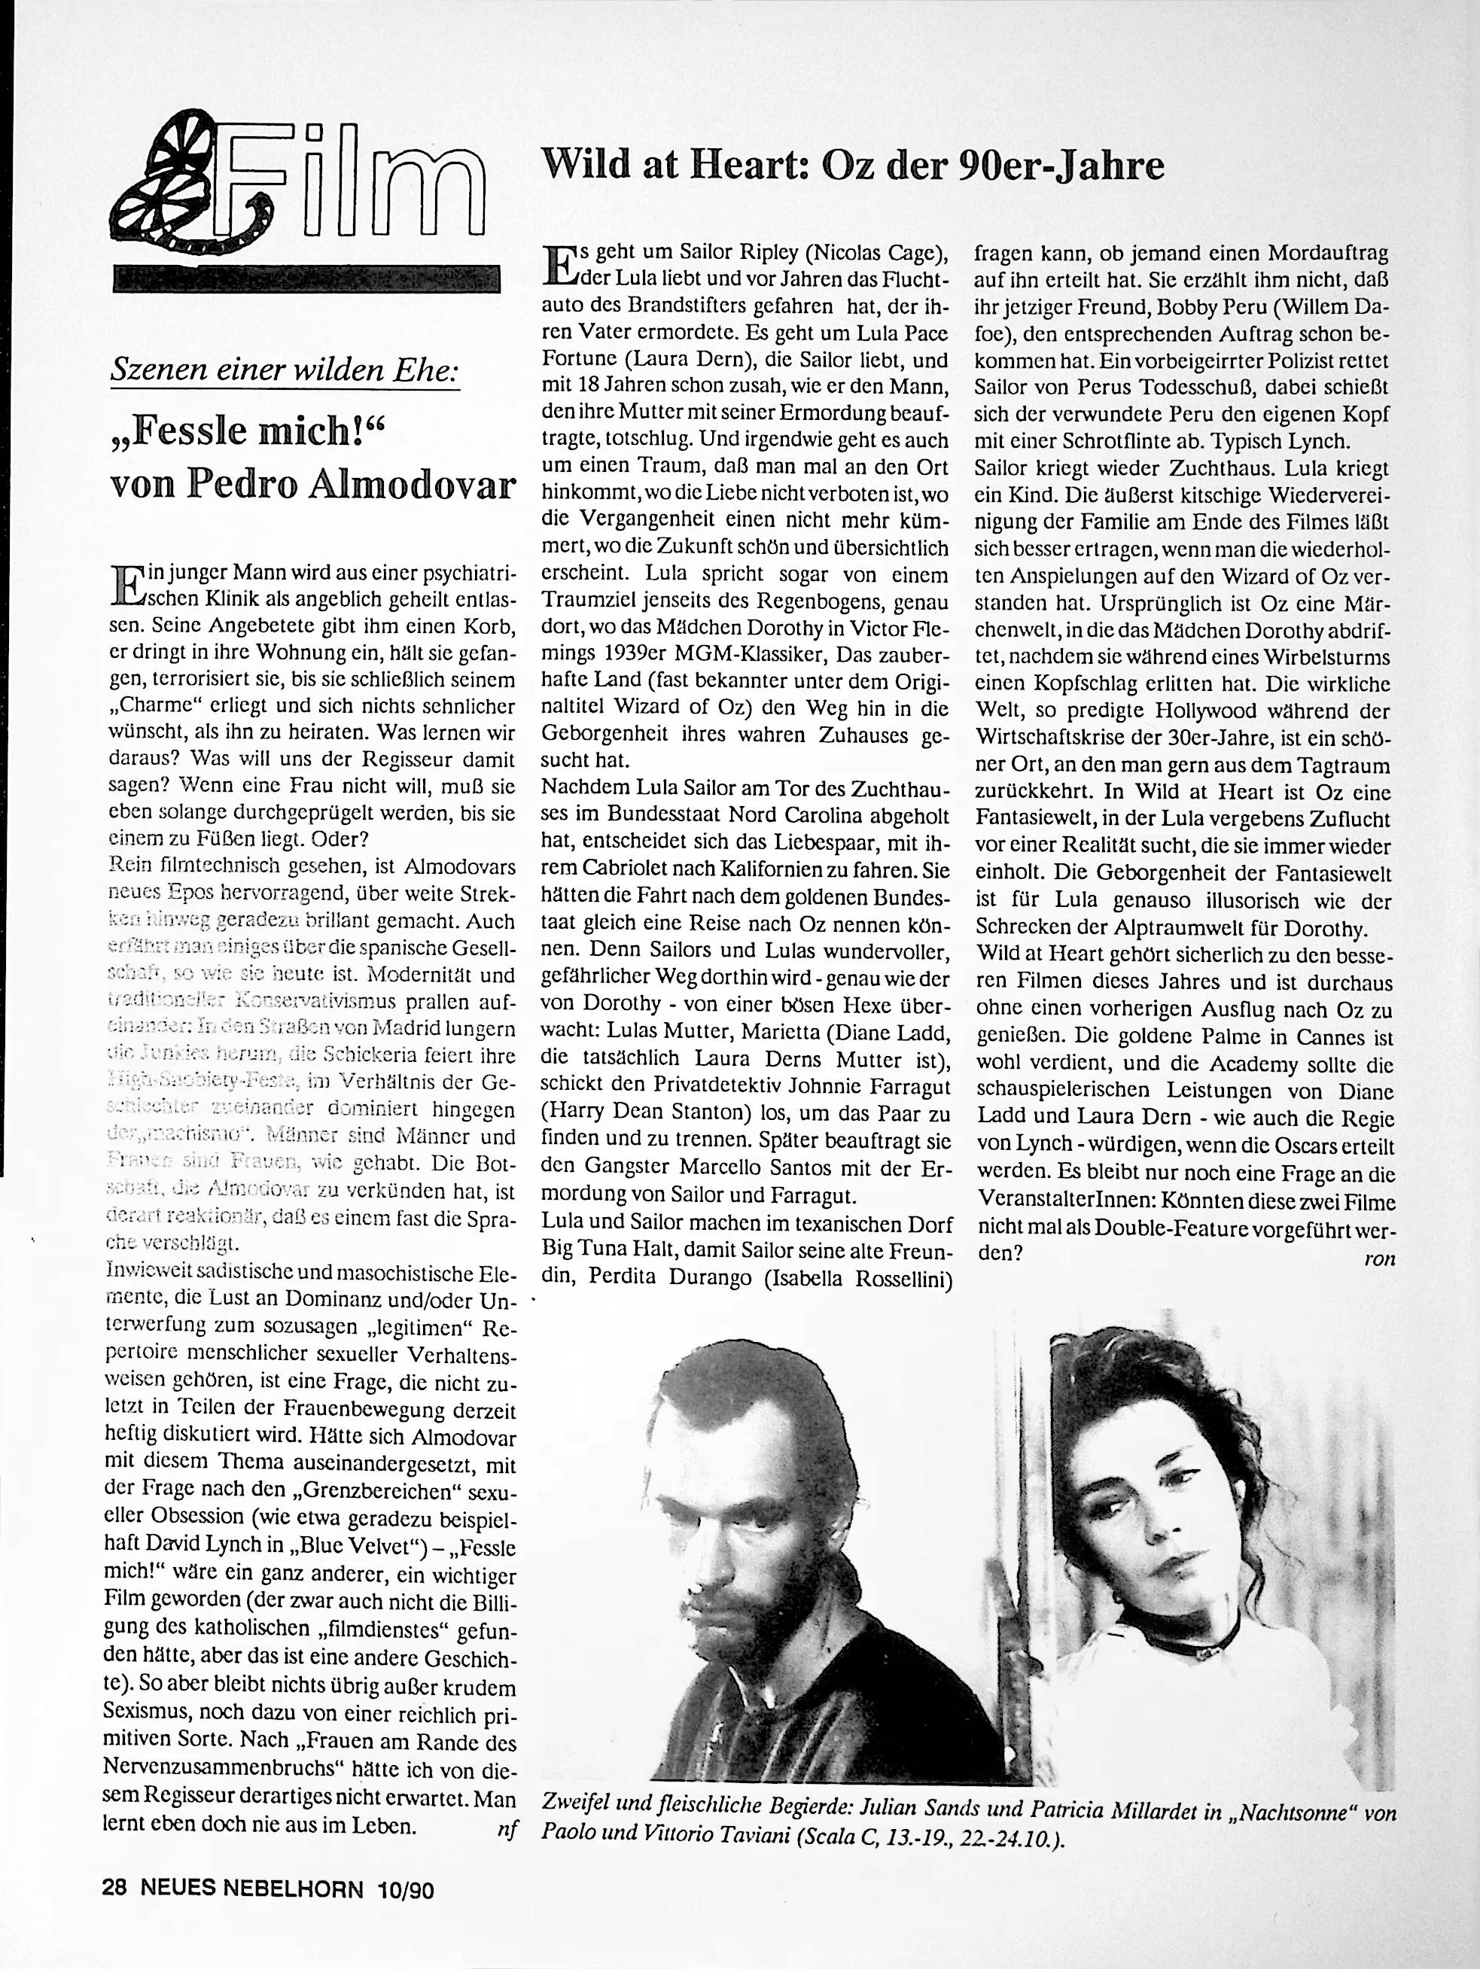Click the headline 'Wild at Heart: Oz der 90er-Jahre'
853,166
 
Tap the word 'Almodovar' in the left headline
419,485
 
